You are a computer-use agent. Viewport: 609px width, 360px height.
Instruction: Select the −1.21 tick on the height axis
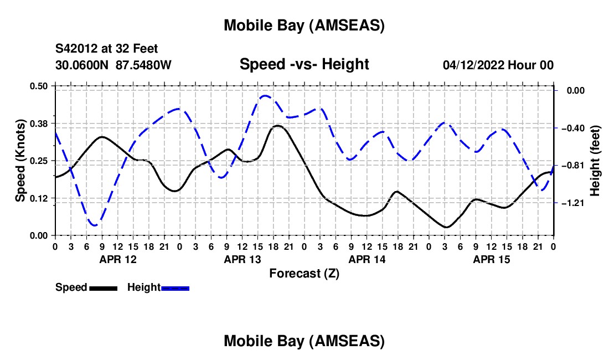(x=574, y=203)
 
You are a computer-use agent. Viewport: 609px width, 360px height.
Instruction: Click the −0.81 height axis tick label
(x=574, y=166)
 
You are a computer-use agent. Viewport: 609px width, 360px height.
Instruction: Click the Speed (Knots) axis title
(x=20, y=161)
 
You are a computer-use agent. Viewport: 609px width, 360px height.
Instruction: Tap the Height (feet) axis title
(x=596, y=161)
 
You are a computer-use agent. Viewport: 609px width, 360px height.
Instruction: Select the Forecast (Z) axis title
(x=304, y=273)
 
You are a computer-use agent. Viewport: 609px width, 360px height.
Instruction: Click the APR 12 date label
(x=117, y=259)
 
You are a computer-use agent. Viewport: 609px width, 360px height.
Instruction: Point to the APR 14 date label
(x=367, y=259)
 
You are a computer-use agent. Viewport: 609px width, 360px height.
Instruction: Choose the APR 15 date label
(x=491, y=259)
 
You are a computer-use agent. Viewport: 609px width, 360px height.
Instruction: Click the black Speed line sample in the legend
(x=103, y=287)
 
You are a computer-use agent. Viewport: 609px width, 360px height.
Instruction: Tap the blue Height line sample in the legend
(x=176, y=287)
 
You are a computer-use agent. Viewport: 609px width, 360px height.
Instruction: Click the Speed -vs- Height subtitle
(x=304, y=64)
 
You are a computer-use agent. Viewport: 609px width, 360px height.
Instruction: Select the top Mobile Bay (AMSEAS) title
(x=304, y=25)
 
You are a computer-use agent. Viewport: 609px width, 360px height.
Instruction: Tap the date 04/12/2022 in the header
(x=473, y=65)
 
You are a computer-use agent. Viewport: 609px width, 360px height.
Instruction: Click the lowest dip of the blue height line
(x=95, y=225)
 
